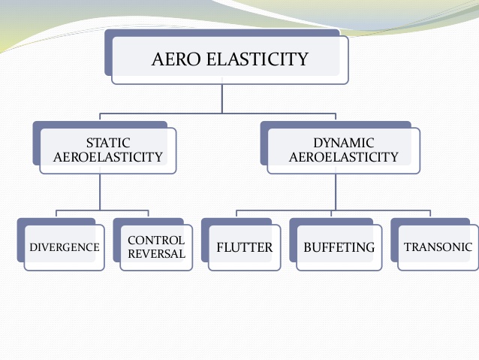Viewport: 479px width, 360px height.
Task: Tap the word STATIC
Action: [108, 142]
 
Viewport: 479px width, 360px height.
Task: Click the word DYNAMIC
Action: [343, 142]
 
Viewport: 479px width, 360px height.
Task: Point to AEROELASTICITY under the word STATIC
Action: [108, 157]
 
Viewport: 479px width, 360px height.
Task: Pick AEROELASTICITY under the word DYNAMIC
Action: [343, 157]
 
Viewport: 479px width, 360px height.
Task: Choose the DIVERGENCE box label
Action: [64, 247]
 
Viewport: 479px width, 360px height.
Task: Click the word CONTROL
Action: [156, 241]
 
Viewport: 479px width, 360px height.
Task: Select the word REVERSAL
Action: [156, 254]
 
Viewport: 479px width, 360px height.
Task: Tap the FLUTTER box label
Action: [244, 247]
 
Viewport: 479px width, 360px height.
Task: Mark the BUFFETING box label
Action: [339, 247]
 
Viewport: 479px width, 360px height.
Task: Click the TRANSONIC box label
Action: [438, 247]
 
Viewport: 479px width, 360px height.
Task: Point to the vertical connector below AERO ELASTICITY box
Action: [221, 98]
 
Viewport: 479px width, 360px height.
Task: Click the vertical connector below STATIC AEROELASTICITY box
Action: [100, 192]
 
